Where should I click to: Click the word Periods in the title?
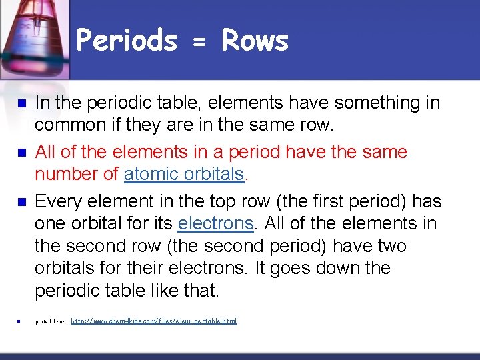(127, 41)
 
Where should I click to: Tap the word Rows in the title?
(255, 41)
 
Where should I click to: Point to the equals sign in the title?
(199, 43)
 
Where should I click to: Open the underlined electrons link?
(215, 224)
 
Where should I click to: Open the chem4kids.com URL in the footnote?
(153, 321)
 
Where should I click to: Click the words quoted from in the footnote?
(50, 322)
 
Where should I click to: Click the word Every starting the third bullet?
(59, 201)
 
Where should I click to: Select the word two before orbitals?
(389, 246)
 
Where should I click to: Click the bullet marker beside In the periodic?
(20, 104)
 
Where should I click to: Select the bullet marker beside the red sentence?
(20, 153)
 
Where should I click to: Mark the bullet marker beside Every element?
(20, 202)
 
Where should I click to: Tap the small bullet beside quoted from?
(20, 322)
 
